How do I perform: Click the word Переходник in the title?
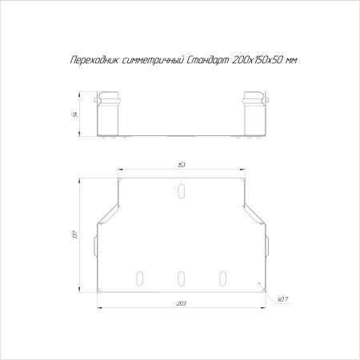pos(94,60)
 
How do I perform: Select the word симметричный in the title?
pos(153,60)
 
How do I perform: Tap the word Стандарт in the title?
pos(207,60)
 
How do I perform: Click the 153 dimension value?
pos(182,165)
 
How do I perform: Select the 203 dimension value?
pos(182,303)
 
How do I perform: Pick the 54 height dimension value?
pos(75,114)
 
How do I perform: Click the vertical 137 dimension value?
pos(75,234)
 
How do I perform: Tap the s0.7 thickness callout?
pos(282,299)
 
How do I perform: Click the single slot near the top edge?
pos(182,191)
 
